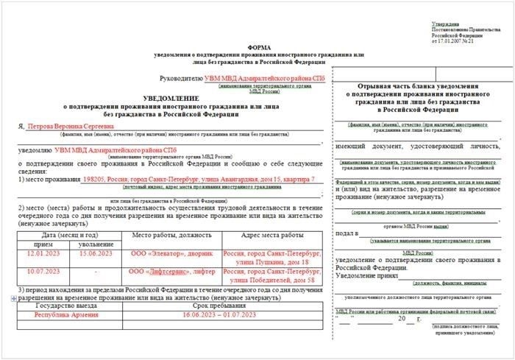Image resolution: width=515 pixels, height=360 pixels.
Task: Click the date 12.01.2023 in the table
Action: [x=43, y=254]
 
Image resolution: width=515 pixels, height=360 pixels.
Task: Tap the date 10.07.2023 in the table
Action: [x=43, y=272]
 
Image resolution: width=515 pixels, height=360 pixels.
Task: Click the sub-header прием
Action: [x=43, y=244]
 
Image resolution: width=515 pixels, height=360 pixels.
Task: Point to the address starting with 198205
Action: [x=199, y=179]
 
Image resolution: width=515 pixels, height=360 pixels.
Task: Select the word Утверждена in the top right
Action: [x=444, y=24]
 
